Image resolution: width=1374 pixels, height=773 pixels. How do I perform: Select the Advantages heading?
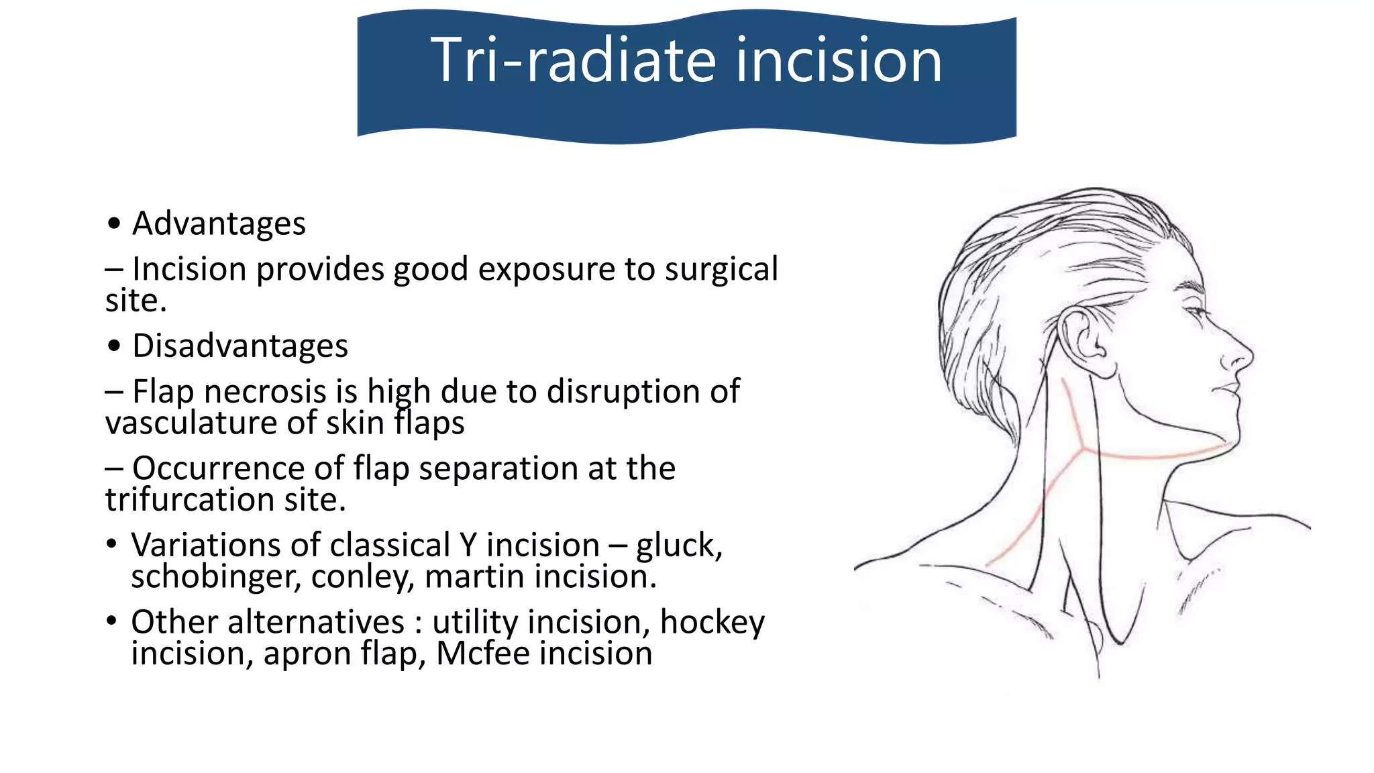point(219,223)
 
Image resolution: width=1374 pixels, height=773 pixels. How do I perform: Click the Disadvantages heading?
point(240,346)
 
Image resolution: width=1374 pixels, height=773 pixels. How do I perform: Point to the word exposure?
point(545,269)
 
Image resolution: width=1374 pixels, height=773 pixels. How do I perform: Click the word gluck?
point(678,546)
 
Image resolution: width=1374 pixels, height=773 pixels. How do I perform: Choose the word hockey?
point(712,622)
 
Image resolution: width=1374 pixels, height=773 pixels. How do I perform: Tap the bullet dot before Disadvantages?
point(115,346)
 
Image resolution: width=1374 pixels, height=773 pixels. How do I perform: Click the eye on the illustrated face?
point(1196,311)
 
